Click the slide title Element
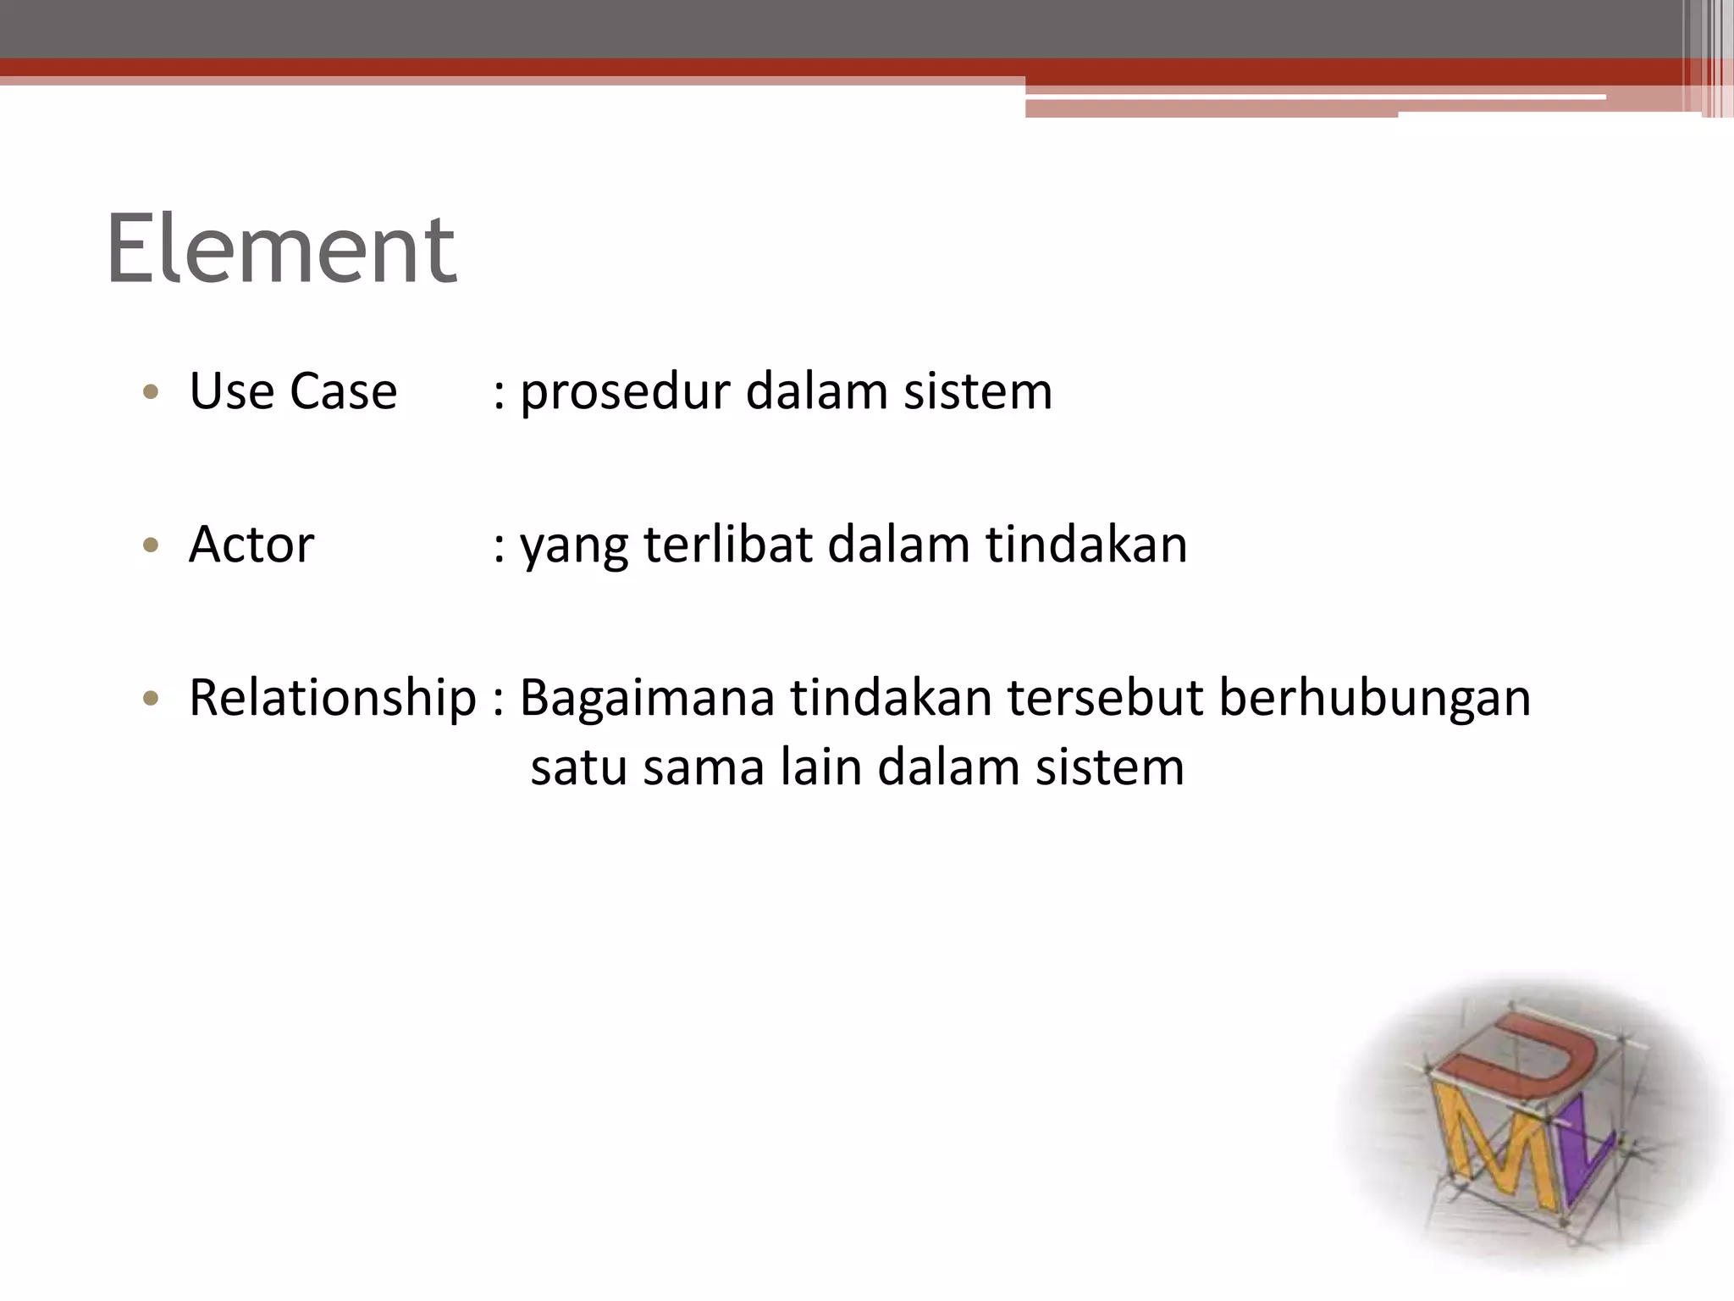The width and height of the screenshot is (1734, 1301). [281, 249]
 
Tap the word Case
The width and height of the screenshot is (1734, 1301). [343, 391]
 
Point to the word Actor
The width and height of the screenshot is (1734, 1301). [251, 544]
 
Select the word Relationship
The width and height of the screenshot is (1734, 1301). [332, 699]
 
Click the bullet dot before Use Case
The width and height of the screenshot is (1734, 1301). [152, 392]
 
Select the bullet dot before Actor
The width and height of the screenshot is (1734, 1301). [152, 545]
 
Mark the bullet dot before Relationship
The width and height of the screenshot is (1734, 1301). [152, 699]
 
